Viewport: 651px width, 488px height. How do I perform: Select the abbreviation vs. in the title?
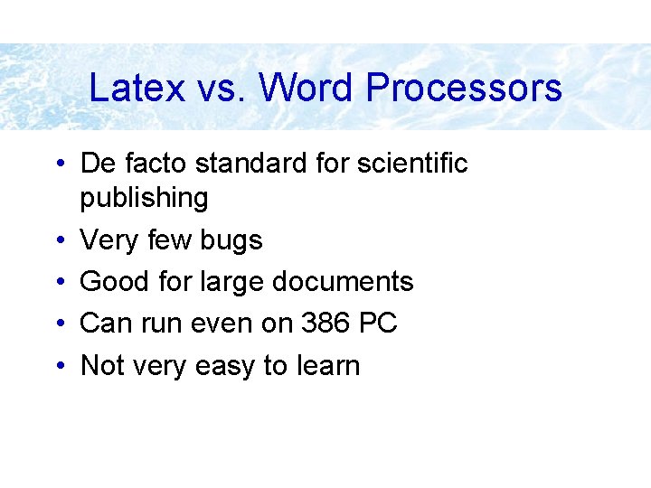[x=217, y=89]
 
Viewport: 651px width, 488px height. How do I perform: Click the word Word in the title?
[x=307, y=89]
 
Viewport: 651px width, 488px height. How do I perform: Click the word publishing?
[x=144, y=198]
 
